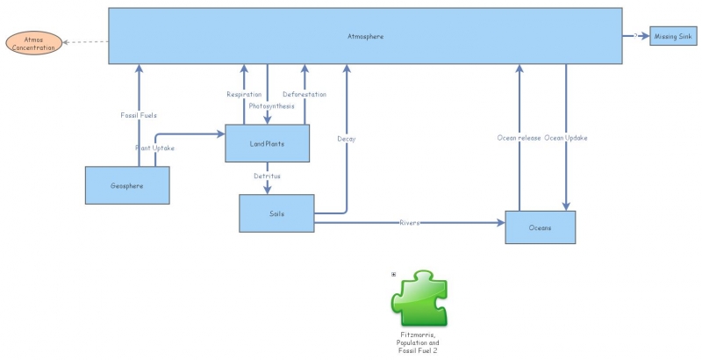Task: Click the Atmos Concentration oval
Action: [x=33, y=41]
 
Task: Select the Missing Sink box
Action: [x=673, y=36]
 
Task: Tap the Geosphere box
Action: [x=127, y=186]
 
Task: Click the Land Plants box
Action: [x=268, y=143]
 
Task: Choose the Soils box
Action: [x=277, y=214]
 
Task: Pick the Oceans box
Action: [x=540, y=227]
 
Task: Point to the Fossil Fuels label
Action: [x=139, y=115]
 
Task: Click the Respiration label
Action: [x=244, y=94]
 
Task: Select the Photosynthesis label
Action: [x=271, y=105]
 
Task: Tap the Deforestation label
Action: [x=304, y=94]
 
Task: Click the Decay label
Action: [x=347, y=138]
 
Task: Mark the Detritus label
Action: [x=268, y=176]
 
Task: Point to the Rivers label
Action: [x=410, y=223]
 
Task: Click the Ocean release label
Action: [x=519, y=138]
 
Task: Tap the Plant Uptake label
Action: [x=154, y=148]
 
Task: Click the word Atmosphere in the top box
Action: [x=365, y=36]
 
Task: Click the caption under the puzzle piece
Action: [x=418, y=342]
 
